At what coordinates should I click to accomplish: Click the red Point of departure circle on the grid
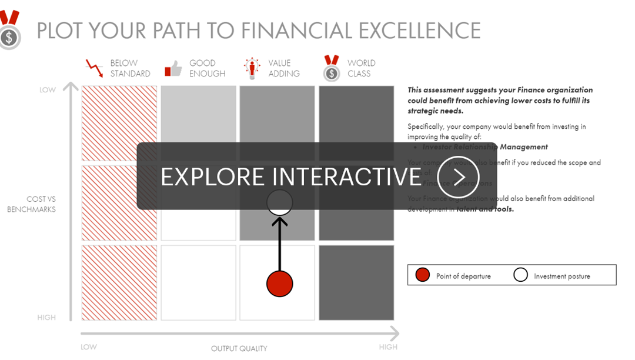[279, 284]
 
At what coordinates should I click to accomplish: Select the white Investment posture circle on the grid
[279, 202]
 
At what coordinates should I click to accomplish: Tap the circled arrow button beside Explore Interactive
[459, 176]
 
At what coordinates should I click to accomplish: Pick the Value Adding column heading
[284, 68]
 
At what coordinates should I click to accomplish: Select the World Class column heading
[361, 68]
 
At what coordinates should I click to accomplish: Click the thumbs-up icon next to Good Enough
[173, 69]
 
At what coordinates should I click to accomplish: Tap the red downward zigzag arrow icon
[94, 68]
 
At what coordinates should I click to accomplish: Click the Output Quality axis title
[239, 349]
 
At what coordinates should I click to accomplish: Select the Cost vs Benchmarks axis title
[32, 204]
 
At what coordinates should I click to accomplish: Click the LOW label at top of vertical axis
[48, 90]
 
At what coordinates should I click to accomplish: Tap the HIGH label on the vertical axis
[46, 318]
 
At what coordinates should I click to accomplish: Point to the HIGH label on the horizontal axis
[388, 347]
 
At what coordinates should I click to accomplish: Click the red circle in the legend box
[422, 275]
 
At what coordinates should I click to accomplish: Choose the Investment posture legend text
[562, 276]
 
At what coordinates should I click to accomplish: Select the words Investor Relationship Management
[485, 147]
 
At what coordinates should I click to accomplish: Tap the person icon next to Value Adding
[252, 68]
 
